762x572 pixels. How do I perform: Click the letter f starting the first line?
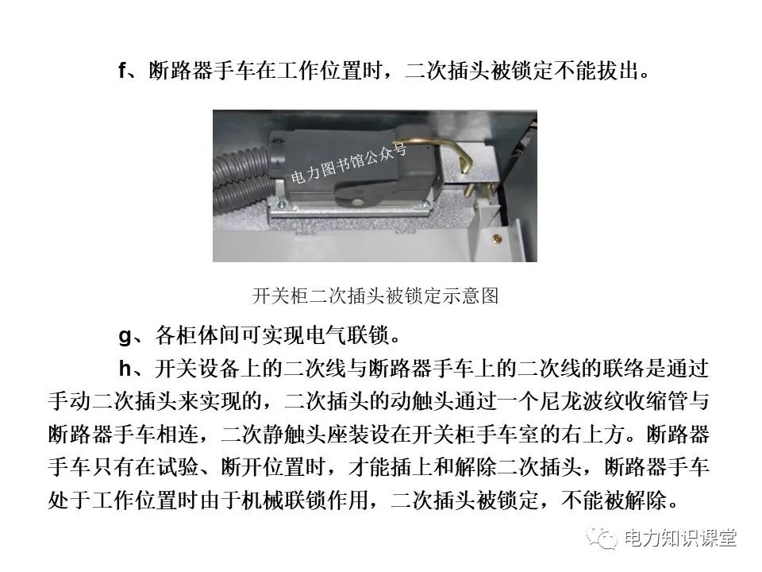pyautogui.click(x=123, y=71)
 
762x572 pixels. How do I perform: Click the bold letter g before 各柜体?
pyautogui.click(x=125, y=334)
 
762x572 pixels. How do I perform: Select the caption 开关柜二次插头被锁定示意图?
pyautogui.click(x=375, y=297)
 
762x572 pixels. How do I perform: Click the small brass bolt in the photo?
pyautogui.click(x=498, y=237)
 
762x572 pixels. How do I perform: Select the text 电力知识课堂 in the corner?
pyautogui.click(x=680, y=539)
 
